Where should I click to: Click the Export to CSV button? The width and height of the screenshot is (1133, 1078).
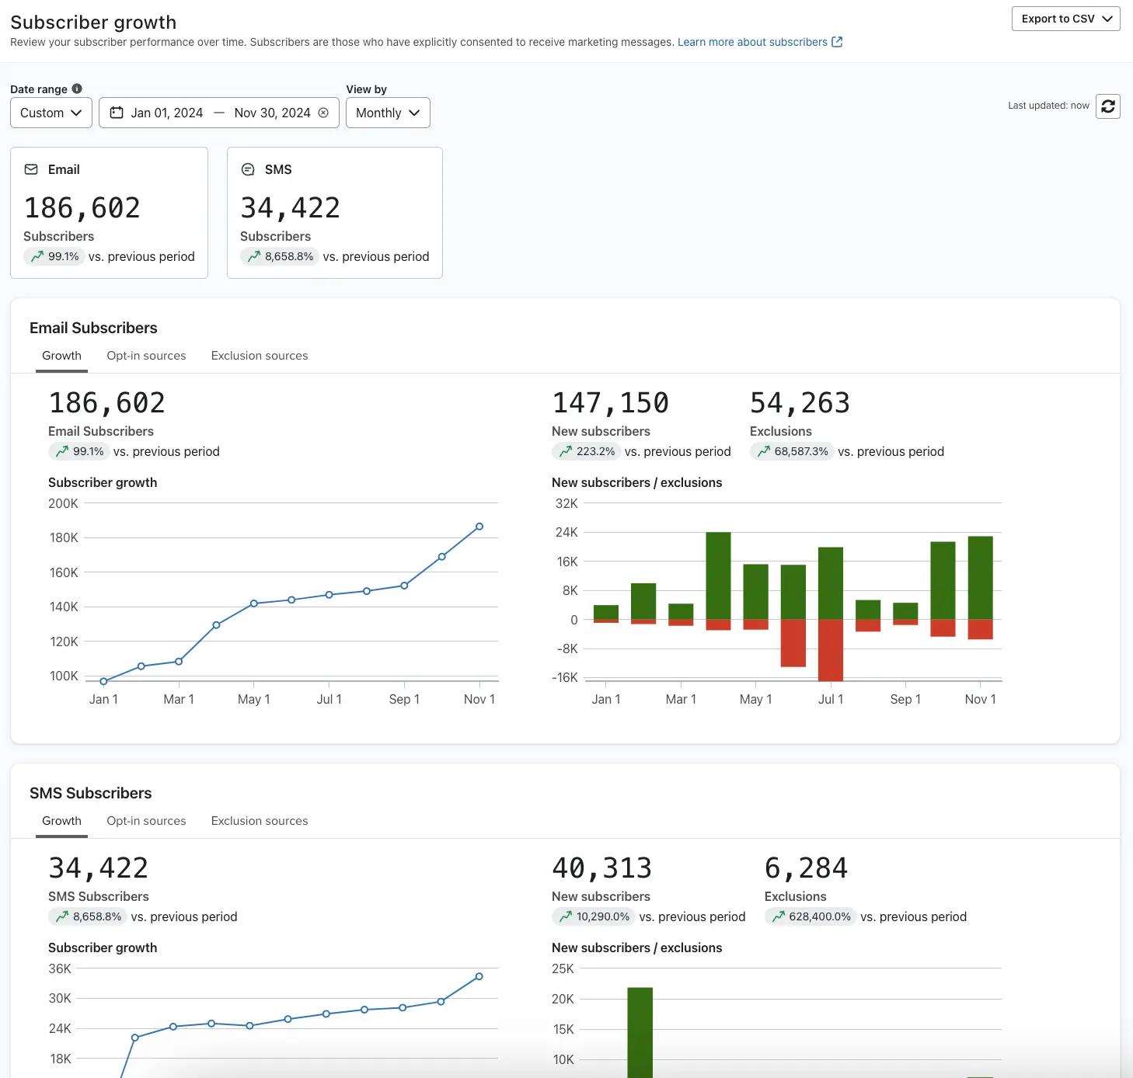point(1065,19)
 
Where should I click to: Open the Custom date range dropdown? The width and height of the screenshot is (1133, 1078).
point(51,113)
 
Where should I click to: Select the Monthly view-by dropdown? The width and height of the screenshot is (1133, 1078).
point(387,113)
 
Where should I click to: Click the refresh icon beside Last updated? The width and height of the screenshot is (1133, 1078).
point(1107,106)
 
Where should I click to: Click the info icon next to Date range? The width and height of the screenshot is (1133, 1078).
point(77,89)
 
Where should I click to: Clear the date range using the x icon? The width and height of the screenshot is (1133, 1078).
point(323,113)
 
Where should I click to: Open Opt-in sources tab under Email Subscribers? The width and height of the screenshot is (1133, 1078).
point(146,356)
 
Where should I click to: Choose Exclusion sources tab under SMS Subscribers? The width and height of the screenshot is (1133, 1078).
point(259,821)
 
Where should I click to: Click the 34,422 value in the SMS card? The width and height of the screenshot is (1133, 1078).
point(290,208)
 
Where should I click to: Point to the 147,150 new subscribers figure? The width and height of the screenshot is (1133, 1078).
point(610,403)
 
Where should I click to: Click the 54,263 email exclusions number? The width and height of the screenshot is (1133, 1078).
point(800,403)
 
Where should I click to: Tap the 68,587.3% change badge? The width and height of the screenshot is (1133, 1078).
point(792,451)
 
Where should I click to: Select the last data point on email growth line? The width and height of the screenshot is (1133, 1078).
point(479,527)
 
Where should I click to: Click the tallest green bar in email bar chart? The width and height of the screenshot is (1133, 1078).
point(718,575)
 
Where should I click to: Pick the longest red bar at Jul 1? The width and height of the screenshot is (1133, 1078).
point(830,650)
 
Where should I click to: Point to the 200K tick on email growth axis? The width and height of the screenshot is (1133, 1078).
point(64,503)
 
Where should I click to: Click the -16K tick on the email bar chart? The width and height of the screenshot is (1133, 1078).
point(565,677)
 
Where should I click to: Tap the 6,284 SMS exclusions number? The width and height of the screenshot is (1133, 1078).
point(806,868)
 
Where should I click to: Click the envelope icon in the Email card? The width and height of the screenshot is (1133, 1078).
point(31,169)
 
